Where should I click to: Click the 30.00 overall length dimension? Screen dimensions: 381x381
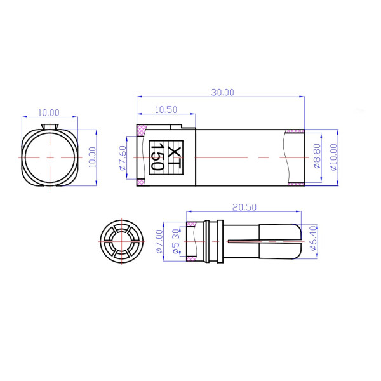(x=222, y=92)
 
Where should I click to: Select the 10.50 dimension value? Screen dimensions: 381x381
(x=166, y=109)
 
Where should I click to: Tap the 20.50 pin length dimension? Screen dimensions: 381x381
(x=244, y=207)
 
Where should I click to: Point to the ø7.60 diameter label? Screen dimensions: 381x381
(x=123, y=157)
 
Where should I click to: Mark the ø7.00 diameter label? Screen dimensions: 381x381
(x=159, y=241)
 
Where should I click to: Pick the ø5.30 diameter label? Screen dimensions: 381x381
(x=176, y=241)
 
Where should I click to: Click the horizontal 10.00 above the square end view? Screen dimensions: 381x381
(x=49, y=112)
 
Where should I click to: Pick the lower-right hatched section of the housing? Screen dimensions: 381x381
(x=295, y=184)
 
